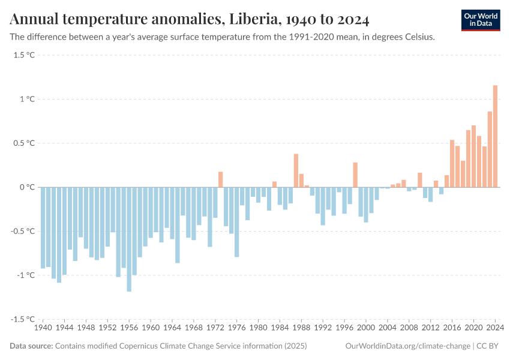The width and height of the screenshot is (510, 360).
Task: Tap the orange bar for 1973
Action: click(220, 179)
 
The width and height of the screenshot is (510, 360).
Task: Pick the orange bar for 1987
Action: click(296, 170)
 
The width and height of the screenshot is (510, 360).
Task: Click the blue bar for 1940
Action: click(43, 227)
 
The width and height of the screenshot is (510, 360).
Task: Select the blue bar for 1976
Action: click(237, 222)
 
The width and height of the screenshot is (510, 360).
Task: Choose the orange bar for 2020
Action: click(473, 156)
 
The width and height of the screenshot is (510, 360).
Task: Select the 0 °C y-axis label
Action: click(28, 187)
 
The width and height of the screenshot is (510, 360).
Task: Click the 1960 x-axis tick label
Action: click(151, 328)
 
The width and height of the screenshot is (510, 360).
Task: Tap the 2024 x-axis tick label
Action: click(495, 328)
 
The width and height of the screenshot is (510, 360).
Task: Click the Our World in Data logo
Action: click(480, 20)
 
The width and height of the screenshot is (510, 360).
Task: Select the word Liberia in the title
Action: click(253, 20)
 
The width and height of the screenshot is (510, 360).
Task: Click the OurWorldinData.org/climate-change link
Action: click(407, 346)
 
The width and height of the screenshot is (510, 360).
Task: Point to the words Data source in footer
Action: click(31, 346)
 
